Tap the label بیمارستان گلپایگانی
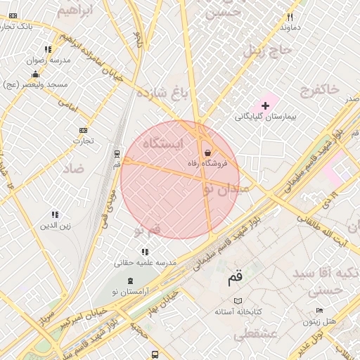266,116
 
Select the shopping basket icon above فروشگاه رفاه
207,153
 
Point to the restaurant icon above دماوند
289,18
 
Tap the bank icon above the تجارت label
84,130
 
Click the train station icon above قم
117,153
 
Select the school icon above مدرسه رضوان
48,50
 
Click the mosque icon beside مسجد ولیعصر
35,74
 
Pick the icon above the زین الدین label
55,214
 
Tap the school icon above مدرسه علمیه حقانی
145,251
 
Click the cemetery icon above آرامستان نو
129,281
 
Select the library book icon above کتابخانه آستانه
238,300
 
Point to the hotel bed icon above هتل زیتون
319,310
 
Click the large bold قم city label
234,278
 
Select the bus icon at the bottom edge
154,355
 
